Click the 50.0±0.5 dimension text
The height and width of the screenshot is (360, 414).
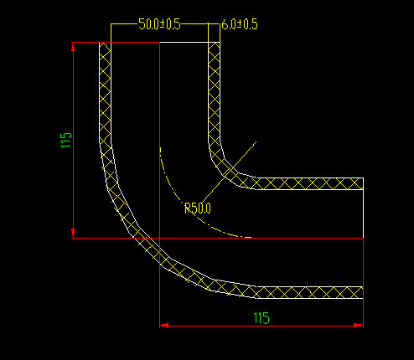coord(159,24)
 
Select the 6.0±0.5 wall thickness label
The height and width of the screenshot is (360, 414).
coord(239,25)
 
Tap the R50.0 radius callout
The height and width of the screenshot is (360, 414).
coord(198,208)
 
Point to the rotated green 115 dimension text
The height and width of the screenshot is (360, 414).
coord(65,140)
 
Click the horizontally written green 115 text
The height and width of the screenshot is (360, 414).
coord(261,317)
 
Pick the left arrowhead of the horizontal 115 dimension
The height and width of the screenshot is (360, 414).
coord(164,325)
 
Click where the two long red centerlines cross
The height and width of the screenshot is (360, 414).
coord(159,238)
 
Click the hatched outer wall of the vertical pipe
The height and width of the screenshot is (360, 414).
coord(105,100)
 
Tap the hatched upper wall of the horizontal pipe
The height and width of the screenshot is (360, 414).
coord(310,183)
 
